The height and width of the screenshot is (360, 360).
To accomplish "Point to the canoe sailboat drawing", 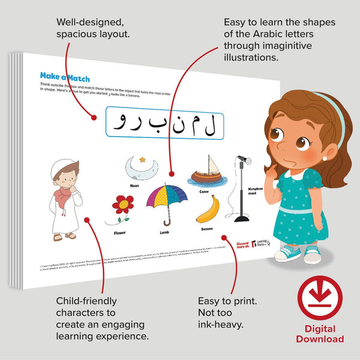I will tap(208, 172).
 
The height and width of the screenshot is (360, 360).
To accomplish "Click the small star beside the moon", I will tap(142, 160).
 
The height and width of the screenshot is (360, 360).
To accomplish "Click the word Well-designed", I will tap(91, 22).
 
